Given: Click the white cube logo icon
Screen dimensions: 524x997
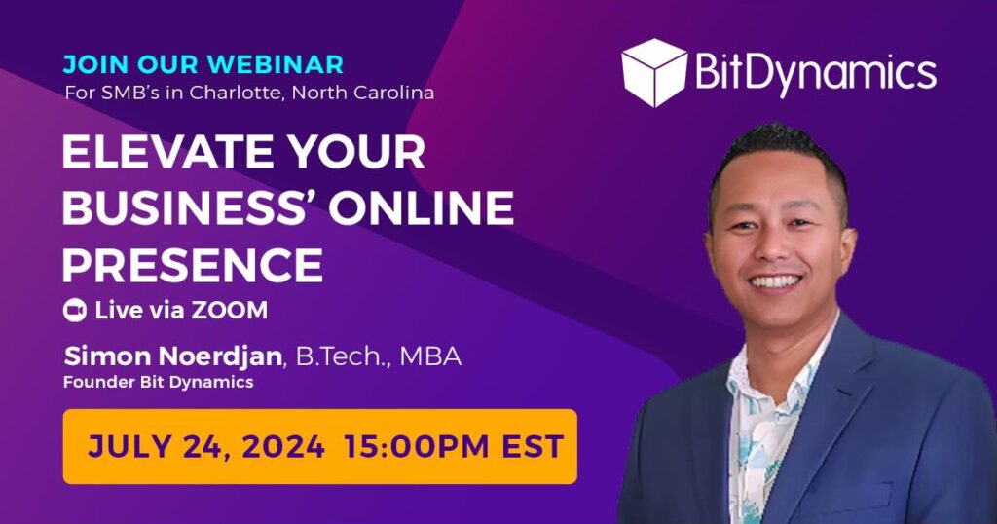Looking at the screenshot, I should [x=654, y=72].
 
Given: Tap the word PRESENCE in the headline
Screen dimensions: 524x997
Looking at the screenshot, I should [x=192, y=264].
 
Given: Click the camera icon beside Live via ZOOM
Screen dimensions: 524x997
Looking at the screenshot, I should [x=75, y=311].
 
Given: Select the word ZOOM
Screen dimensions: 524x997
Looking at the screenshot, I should [x=229, y=311].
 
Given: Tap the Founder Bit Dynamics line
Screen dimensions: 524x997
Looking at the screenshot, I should [x=158, y=382].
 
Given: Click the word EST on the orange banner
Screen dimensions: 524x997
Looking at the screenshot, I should [x=530, y=446].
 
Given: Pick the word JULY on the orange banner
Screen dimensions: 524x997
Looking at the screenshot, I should [x=122, y=446].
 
